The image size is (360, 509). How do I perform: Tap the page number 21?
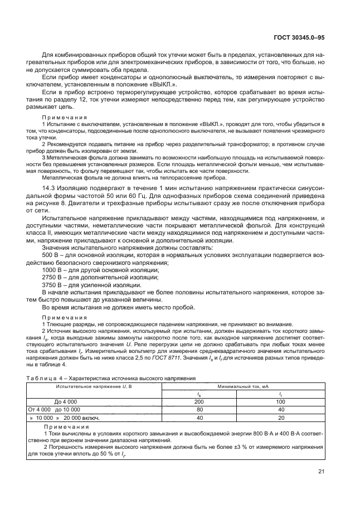[321, 472]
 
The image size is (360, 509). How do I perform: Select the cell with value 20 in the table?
[281, 417]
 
